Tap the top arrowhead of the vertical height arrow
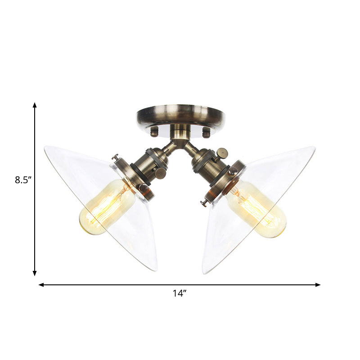pos(35,105)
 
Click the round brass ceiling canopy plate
pos(180,115)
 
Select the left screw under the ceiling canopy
pos(154,132)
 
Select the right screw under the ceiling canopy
pos(207,133)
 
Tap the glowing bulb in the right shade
pos(256,209)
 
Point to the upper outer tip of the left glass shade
pos(45,147)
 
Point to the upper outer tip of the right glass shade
pos(314,148)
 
